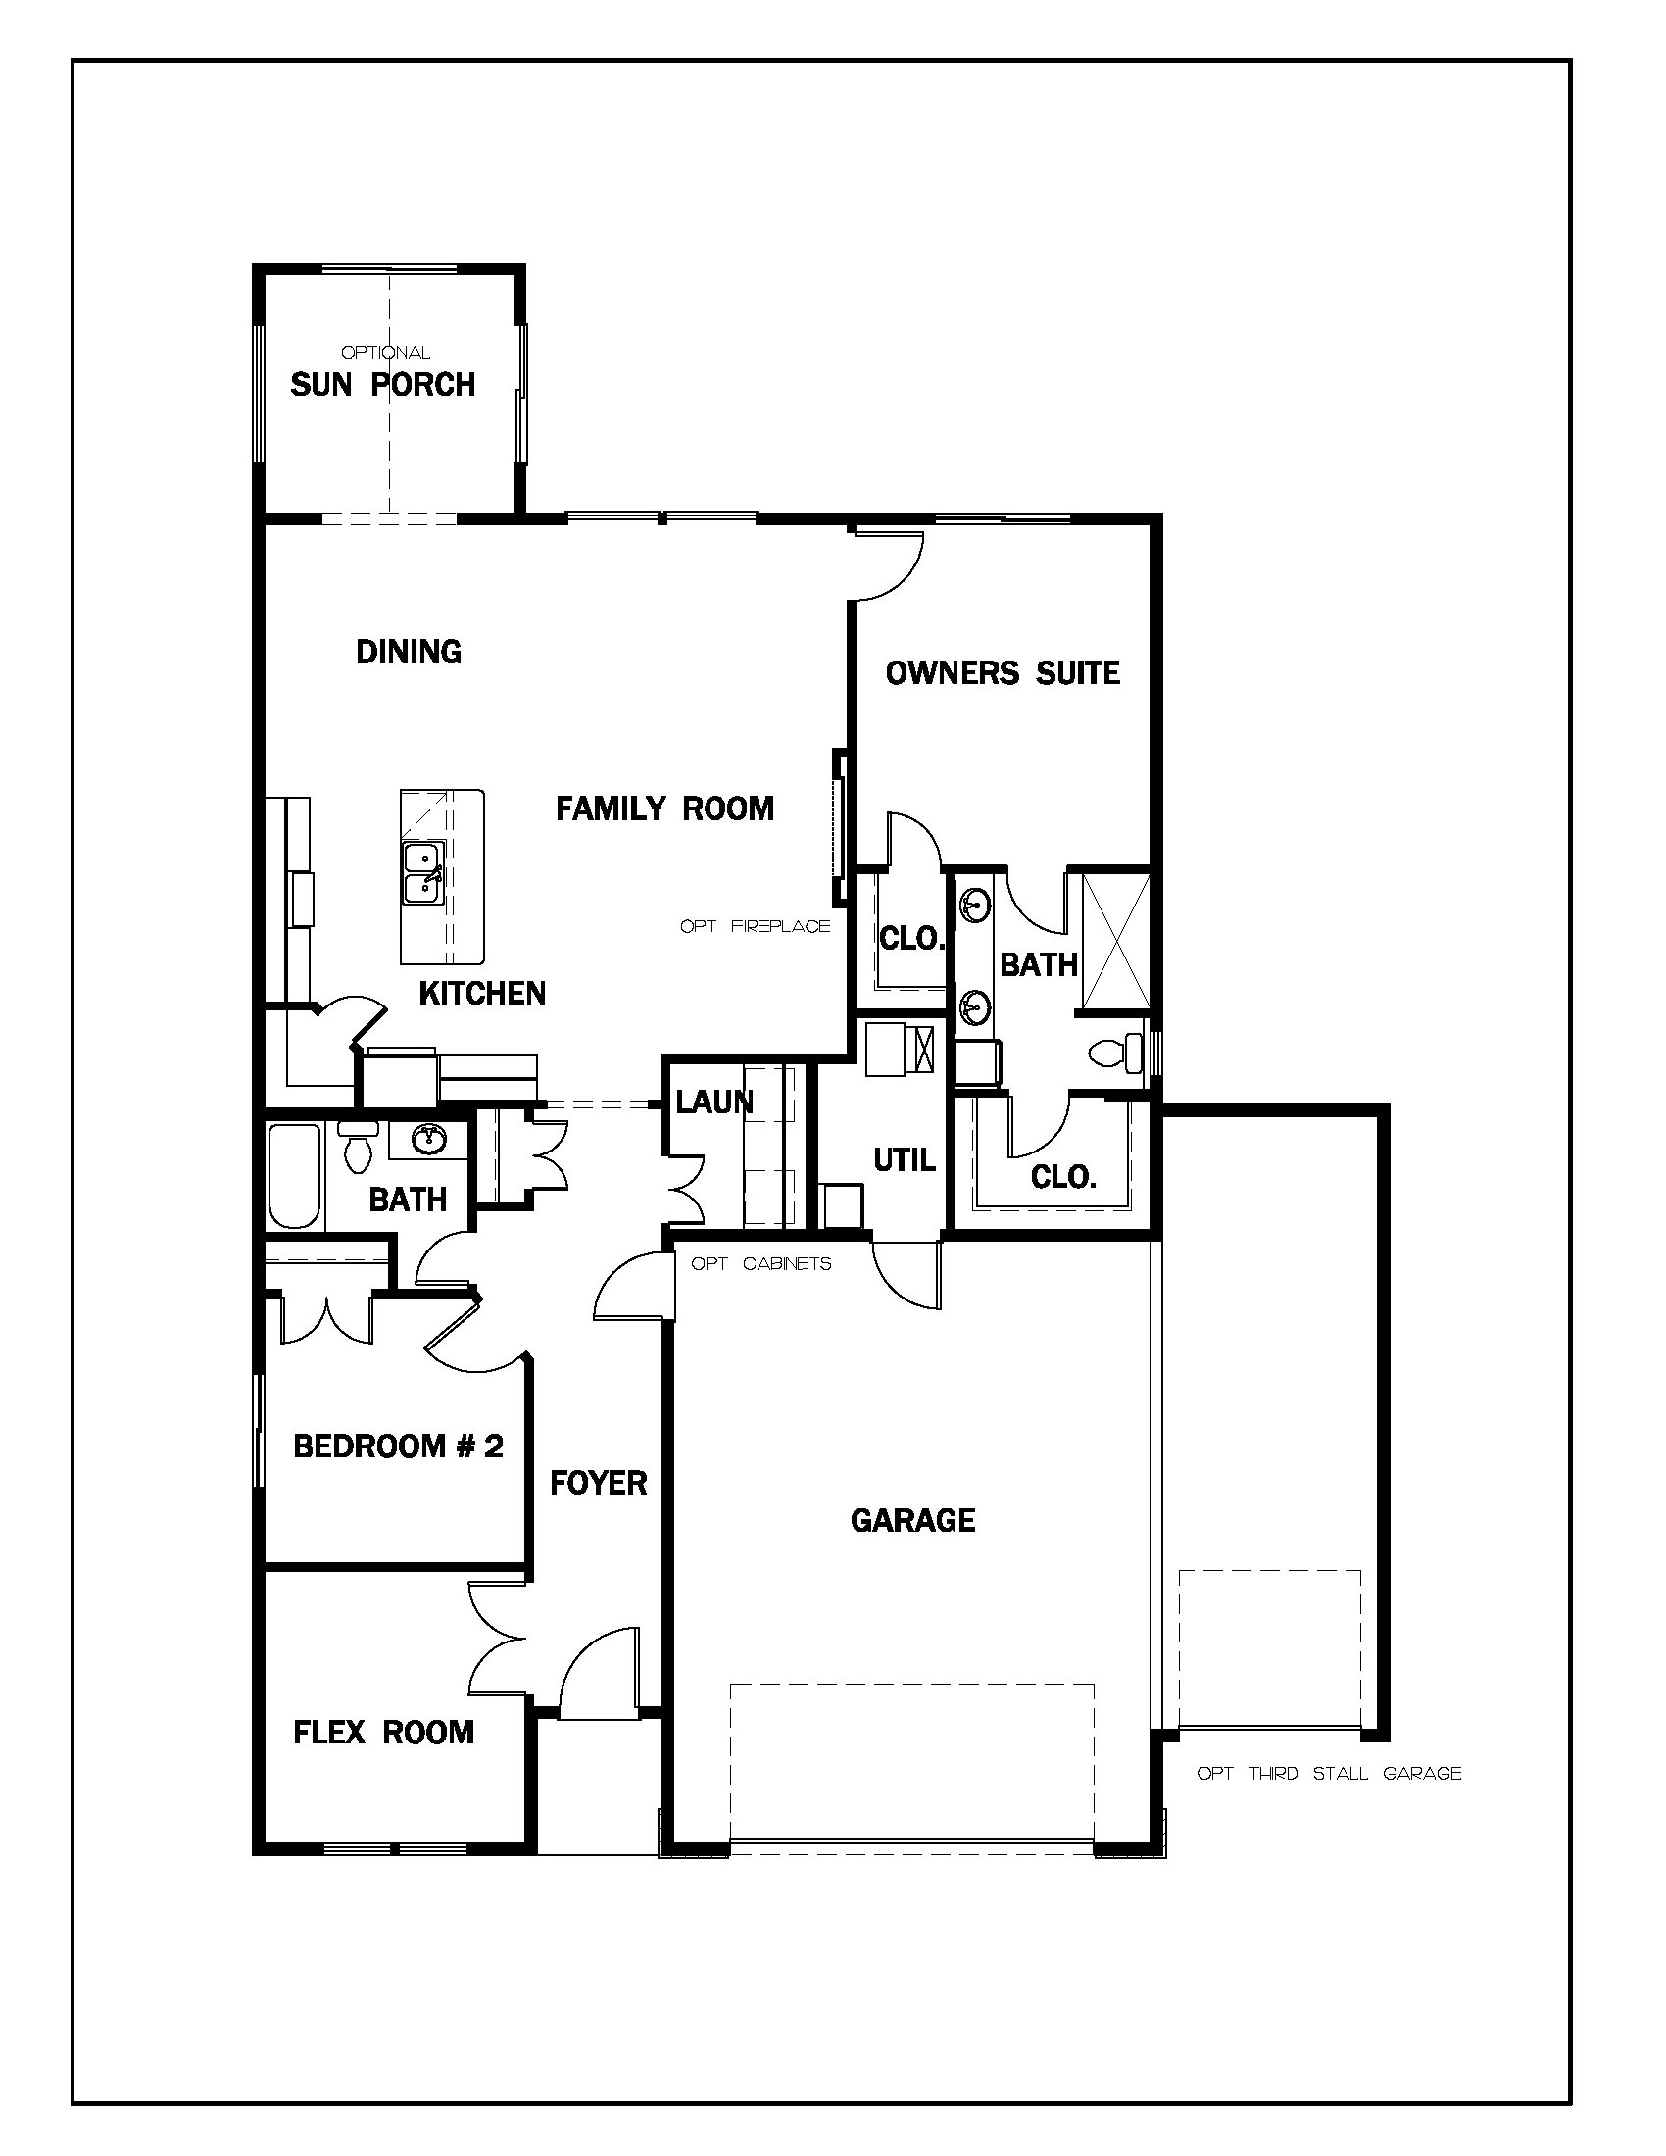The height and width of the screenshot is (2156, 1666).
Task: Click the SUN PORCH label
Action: tap(383, 384)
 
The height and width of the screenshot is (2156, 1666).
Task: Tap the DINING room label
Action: tap(409, 652)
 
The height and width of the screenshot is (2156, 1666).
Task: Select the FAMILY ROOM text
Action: tap(664, 808)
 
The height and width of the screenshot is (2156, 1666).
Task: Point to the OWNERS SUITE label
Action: tap(1003, 673)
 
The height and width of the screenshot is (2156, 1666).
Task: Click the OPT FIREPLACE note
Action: tap(755, 926)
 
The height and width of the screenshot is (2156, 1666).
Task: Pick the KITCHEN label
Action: tap(481, 993)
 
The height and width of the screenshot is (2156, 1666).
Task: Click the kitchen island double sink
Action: tap(422, 872)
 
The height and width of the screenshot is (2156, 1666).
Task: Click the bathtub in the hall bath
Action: tap(295, 1176)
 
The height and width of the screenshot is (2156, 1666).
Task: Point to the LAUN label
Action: tap(714, 1102)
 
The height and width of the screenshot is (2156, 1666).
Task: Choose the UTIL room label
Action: tap(905, 1160)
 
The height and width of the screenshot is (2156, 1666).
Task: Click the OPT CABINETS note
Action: tap(760, 1263)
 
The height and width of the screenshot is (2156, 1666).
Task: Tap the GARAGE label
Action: tap(913, 1520)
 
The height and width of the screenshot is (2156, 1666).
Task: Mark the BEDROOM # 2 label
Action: tap(399, 1446)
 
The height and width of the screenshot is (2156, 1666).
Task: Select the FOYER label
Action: tap(598, 1483)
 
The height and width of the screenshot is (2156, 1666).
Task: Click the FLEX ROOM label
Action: tap(384, 1732)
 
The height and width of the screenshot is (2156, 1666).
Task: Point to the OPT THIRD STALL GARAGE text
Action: tap(1329, 1773)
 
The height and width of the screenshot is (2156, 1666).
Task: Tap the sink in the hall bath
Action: tap(427, 1140)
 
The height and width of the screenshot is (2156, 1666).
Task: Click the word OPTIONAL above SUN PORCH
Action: tap(386, 353)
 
